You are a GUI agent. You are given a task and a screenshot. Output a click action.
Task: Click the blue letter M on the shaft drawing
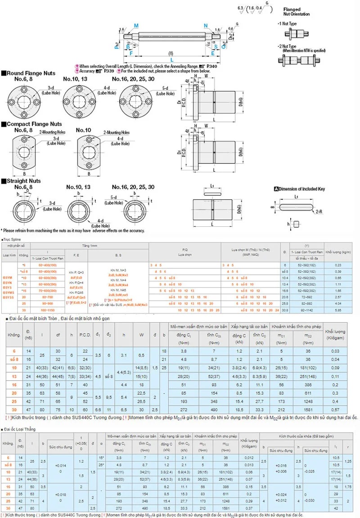point(136,26)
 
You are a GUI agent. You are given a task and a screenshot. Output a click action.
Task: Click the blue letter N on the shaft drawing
point(206,26)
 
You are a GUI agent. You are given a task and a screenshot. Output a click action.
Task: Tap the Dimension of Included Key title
point(301,189)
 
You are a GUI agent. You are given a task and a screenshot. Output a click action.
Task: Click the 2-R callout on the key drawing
point(318,211)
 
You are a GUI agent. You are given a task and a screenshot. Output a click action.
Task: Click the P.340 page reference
point(209,66)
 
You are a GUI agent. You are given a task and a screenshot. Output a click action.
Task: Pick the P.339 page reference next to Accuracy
point(108,71)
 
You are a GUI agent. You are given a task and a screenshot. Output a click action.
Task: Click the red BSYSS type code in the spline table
point(9,297)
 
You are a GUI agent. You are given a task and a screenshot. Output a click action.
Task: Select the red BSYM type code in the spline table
point(8,278)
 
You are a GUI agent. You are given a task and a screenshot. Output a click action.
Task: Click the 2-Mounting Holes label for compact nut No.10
point(116,133)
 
